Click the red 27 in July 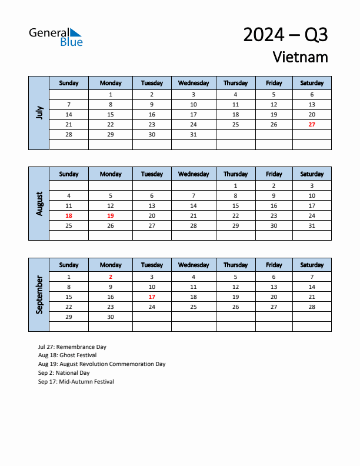[x=312, y=125]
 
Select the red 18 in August [x=69, y=216]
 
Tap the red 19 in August [x=111, y=216]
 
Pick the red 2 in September [x=111, y=277]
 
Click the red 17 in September [x=152, y=297]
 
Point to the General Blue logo [x=56, y=36]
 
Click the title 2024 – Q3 [x=285, y=35]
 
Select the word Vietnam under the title [x=300, y=57]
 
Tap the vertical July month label [x=39, y=112]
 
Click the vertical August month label [x=39, y=204]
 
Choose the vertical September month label [x=39, y=295]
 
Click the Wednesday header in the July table [x=194, y=83]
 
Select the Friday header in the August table [x=274, y=174]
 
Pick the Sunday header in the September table [x=69, y=265]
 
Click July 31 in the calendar [x=194, y=135]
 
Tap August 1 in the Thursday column [x=235, y=185]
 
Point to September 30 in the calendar [x=111, y=317]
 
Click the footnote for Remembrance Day [x=72, y=347]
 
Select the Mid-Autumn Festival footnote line [x=76, y=382]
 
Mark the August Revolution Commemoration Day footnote [x=102, y=364]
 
